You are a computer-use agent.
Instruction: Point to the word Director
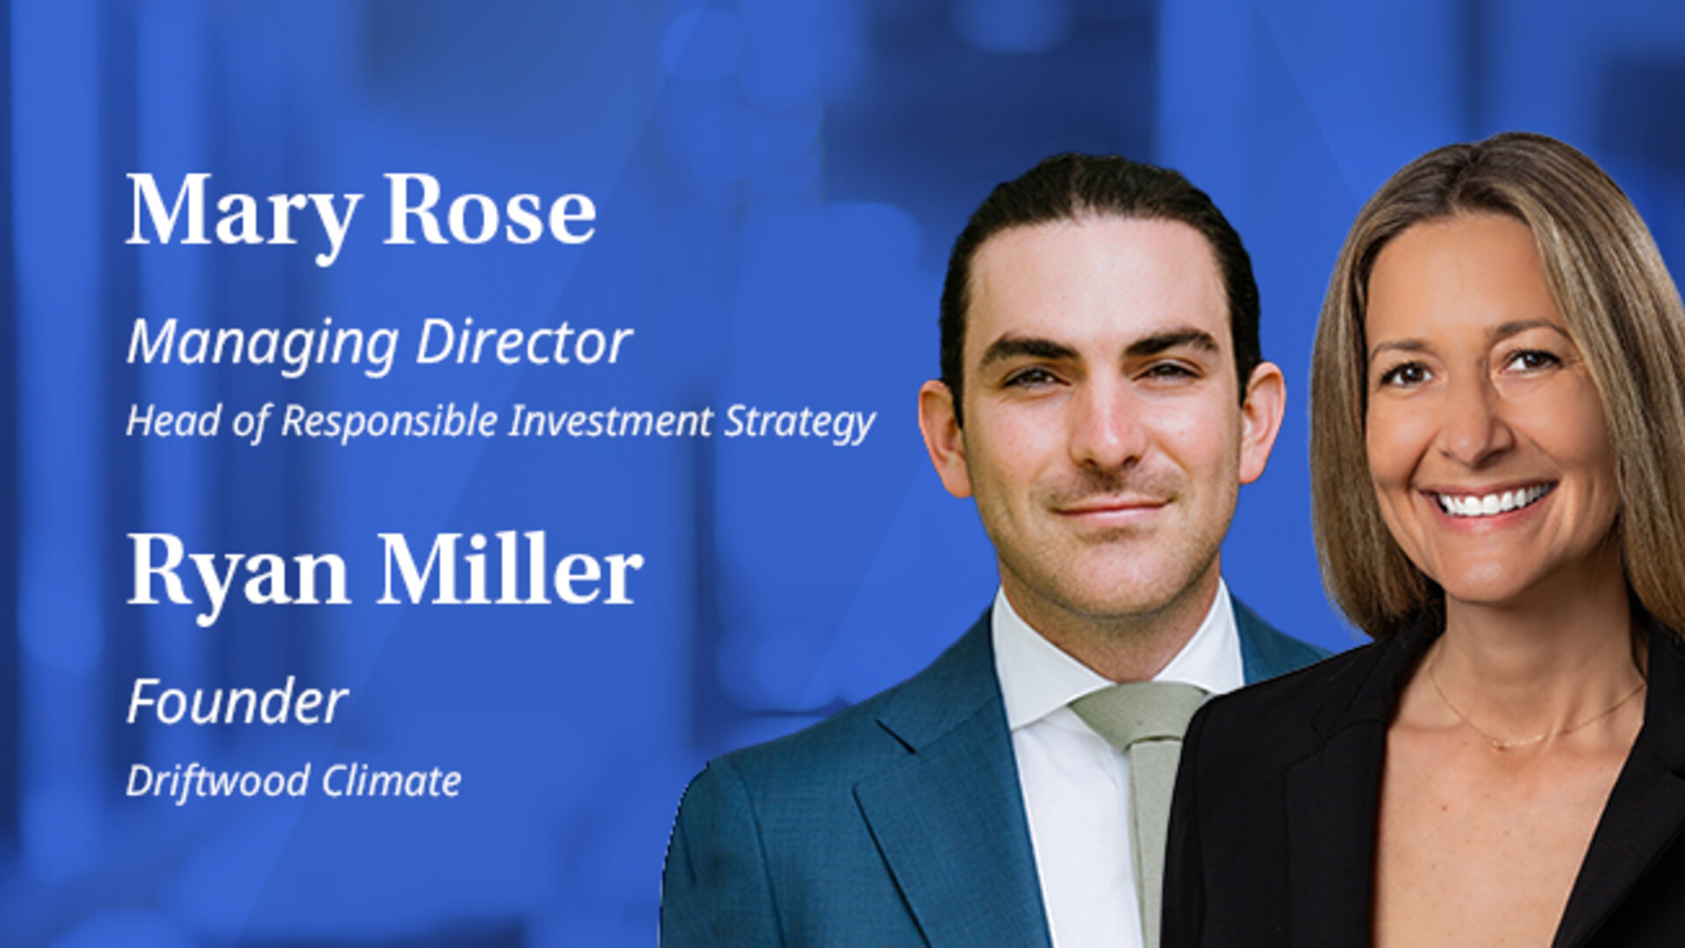pyautogui.click(x=524, y=341)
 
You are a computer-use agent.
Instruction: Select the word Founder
pyautogui.click(x=237, y=702)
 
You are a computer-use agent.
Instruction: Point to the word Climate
pyautogui.click(x=391, y=780)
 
